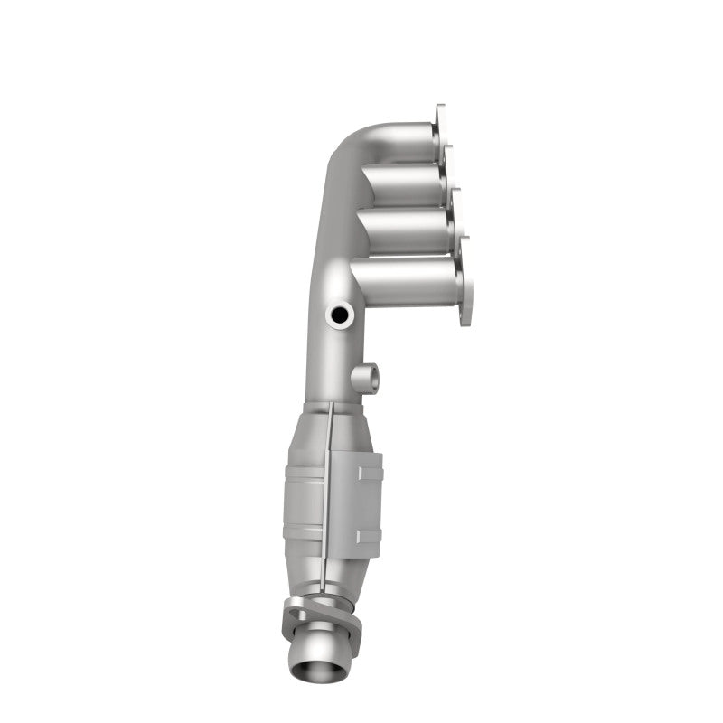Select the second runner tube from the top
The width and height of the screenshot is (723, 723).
tap(402, 185)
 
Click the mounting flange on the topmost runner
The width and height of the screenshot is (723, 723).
tap(440, 127)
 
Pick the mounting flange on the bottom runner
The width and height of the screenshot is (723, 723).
tap(464, 282)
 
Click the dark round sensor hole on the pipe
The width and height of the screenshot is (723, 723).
tap(341, 315)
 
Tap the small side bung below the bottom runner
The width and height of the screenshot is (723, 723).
tap(364, 376)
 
